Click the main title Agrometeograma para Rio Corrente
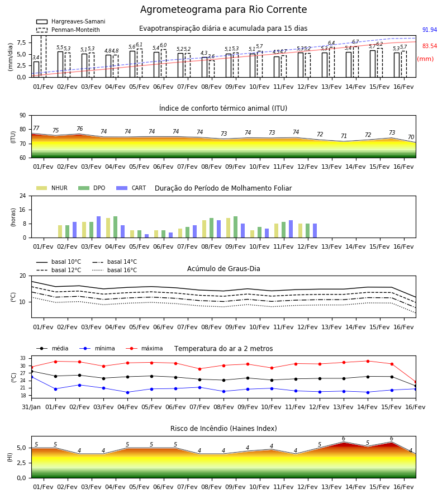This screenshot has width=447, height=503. click(223, 10)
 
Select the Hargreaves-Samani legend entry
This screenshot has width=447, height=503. click(70, 21)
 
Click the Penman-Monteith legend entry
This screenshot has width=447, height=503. click(68, 30)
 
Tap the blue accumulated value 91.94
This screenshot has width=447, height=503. click(430, 30)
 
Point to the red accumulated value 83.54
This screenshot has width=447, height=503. click(430, 46)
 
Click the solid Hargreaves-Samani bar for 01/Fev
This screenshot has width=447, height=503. click(36, 69)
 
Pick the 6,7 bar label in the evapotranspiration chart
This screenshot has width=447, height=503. click(355, 42)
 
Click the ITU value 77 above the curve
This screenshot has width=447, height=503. click(36, 128)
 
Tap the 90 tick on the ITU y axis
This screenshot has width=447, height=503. click(23, 116)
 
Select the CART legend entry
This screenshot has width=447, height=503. click(131, 188)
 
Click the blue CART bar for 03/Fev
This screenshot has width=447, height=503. click(98, 227)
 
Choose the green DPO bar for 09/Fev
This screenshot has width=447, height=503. click(236, 227)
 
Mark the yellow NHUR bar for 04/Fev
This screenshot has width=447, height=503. click(108, 228)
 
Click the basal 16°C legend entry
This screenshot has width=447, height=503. click(115, 270)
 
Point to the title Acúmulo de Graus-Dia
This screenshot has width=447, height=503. click(223, 269)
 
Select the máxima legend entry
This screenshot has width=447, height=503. click(144, 348)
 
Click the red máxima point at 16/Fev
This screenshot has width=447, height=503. click(416, 382)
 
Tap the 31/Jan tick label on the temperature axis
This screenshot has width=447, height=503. click(31, 407)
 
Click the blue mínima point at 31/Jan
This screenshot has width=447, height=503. click(31, 377)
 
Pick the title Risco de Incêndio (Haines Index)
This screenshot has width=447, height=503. click(223, 429)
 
